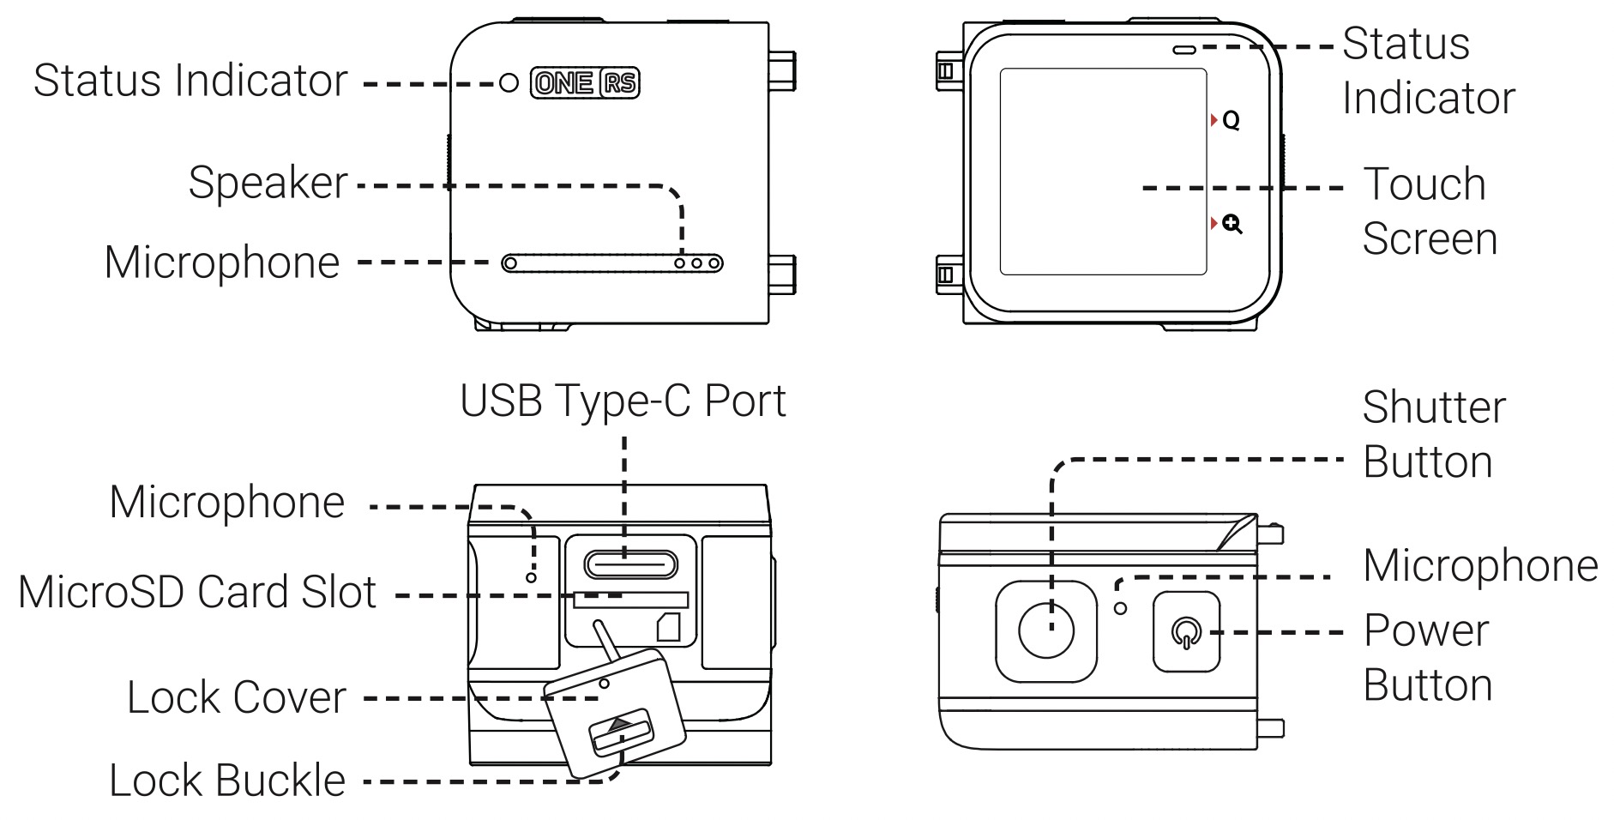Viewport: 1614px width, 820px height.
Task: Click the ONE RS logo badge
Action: (x=585, y=82)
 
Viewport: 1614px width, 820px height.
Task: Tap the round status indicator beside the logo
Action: (x=509, y=82)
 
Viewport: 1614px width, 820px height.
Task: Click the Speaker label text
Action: (x=268, y=182)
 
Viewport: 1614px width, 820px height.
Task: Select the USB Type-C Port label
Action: (x=623, y=401)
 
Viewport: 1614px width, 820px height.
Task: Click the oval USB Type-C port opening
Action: (x=630, y=564)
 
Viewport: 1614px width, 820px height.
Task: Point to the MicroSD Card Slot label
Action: (x=197, y=592)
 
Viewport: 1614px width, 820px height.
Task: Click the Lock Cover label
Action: (x=237, y=696)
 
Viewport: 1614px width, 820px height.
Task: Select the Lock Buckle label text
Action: (x=227, y=781)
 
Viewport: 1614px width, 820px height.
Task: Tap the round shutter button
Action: (x=1045, y=631)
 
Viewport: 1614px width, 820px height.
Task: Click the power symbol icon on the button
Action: (x=1186, y=633)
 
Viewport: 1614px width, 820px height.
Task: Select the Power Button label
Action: (x=1427, y=658)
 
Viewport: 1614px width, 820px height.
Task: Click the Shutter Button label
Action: (x=1432, y=435)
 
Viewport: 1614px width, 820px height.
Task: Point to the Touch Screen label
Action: (x=1429, y=211)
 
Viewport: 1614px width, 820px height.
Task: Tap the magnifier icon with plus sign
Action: (x=1232, y=225)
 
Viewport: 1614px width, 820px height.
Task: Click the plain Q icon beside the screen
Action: (x=1231, y=121)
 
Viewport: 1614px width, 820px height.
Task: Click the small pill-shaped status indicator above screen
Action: (x=1184, y=49)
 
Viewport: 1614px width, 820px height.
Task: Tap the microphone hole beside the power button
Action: (x=1120, y=608)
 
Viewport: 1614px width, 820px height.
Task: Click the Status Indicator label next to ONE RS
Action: (x=190, y=81)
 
